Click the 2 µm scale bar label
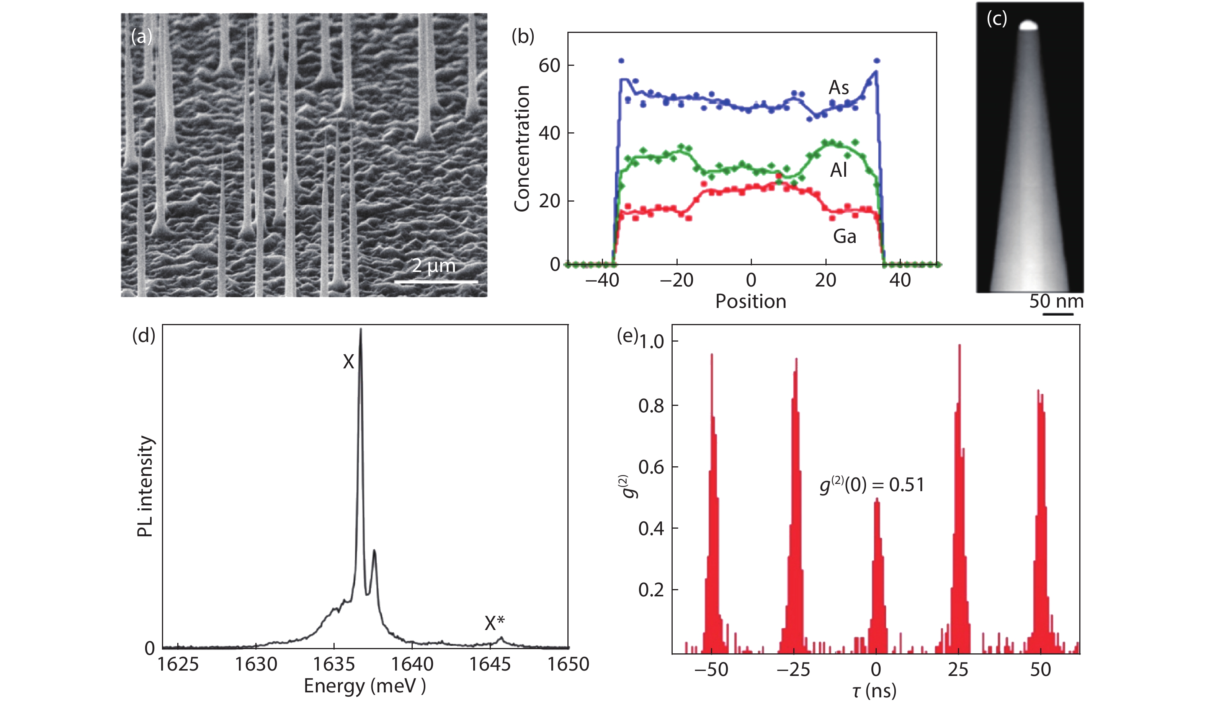pyautogui.click(x=433, y=266)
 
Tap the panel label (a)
pyautogui.click(x=141, y=36)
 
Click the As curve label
pyautogui.click(x=838, y=88)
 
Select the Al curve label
pyautogui.click(x=838, y=170)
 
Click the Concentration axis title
pyautogui.click(x=521, y=148)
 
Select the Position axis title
pyautogui.click(x=750, y=301)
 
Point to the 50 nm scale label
pyautogui.click(x=1056, y=301)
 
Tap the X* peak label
pyautogui.click(x=494, y=623)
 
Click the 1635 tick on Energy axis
pyautogui.click(x=334, y=664)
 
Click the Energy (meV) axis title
pyautogui.click(x=364, y=686)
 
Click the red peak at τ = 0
pyautogui.click(x=876, y=574)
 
